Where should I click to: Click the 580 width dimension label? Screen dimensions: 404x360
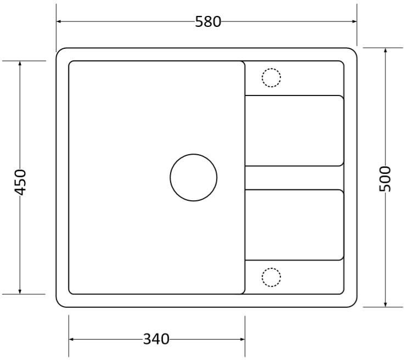pyautogui.click(x=208, y=21)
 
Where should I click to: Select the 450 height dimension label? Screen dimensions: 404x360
pyautogui.click(x=20, y=182)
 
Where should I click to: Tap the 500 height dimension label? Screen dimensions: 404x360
pyautogui.click(x=385, y=179)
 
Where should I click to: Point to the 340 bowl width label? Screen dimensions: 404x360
pyautogui.click(x=156, y=339)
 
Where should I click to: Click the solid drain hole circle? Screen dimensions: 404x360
pyautogui.click(x=194, y=154)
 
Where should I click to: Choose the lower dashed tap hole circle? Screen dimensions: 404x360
pyautogui.click(x=271, y=268)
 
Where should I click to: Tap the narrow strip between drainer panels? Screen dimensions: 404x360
pyautogui.click(x=294, y=178)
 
